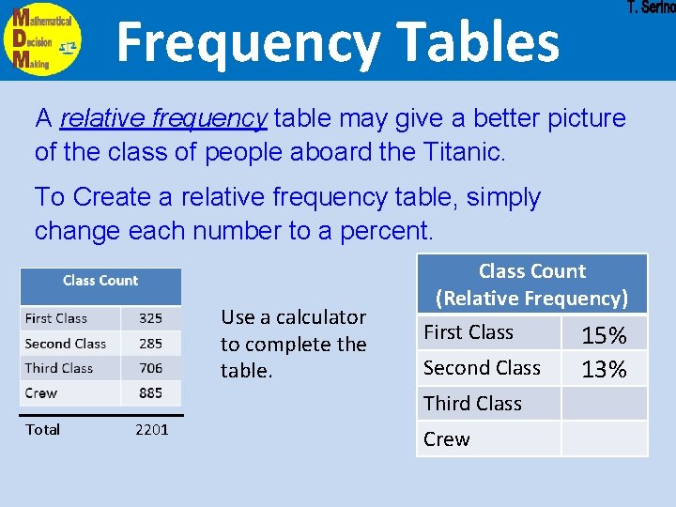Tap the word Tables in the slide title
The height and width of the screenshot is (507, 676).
tap(477, 42)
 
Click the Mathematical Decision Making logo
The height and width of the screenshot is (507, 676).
tap(42, 38)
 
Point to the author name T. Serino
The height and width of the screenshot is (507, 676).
tap(651, 8)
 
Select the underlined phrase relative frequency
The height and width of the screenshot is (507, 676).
tap(163, 118)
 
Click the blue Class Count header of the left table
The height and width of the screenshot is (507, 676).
tap(100, 281)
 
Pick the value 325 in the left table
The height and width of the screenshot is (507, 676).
tap(149, 318)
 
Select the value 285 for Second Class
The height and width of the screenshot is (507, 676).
tap(149, 344)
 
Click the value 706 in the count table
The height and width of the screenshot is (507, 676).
tap(149, 368)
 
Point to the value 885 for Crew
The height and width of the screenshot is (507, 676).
tap(149, 392)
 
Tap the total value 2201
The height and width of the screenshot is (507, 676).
tap(152, 430)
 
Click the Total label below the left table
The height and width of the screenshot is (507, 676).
tap(42, 430)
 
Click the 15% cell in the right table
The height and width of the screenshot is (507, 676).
tap(604, 335)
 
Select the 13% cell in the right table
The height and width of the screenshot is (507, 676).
tap(604, 369)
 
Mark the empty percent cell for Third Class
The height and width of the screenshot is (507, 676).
tap(604, 404)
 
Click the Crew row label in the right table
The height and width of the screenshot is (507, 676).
tap(447, 439)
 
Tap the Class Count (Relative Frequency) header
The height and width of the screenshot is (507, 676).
tap(531, 284)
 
